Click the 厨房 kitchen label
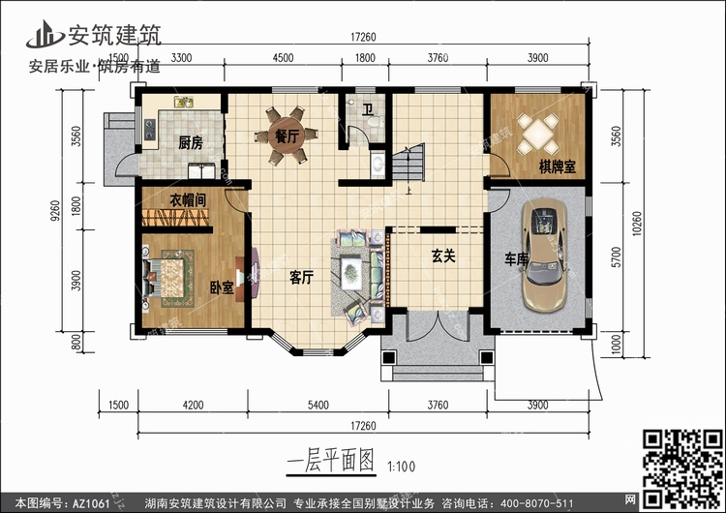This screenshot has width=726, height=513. point(191,143)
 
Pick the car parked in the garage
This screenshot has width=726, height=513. point(542,256)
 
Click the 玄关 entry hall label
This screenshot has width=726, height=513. point(442,256)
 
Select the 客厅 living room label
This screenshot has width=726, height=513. point(301,278)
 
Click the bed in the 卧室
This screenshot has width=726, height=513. point(170,276)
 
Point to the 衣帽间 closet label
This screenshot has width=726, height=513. point(190,200)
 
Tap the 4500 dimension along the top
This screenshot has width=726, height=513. point(283,57)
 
